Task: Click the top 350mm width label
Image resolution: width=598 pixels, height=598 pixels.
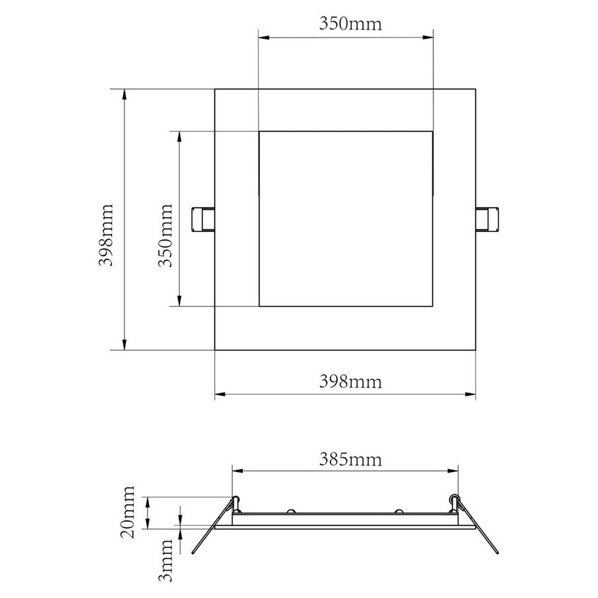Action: (350, 24)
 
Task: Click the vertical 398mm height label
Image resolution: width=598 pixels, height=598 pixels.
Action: (106, 235)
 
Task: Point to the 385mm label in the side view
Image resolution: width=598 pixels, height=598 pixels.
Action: (350, 459)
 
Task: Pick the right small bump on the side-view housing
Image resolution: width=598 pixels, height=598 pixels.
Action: (399, 511)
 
